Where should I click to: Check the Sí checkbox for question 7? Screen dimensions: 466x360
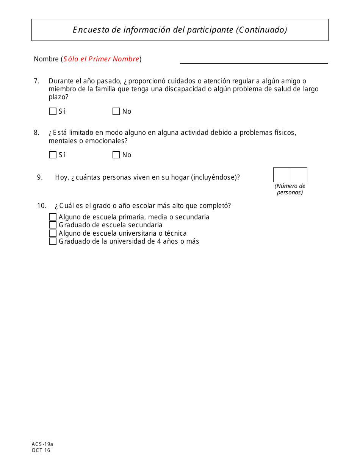[x=53, y=111]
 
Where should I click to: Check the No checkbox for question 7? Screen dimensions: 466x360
[x=116, y=111]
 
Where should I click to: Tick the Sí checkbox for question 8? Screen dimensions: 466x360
[x=53, y=155]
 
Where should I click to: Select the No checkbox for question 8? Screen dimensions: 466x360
[x=116, y=155]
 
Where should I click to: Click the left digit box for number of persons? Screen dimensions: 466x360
[x=282, y=175]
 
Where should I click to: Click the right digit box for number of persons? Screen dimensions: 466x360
[x=299, y=175]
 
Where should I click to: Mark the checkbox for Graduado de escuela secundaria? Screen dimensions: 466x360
[x=53, y=225]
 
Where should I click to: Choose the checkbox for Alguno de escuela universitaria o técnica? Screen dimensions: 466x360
[x=53, y=233]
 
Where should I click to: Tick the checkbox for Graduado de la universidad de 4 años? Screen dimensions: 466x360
[x=53, y=241]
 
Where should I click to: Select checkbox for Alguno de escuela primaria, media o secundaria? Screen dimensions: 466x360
[x=53, y=217]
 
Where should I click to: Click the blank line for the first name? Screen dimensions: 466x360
[x=254, y=60]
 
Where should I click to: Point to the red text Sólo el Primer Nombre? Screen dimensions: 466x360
[x=101, y=59]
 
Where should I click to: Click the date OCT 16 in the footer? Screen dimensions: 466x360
[x=41, y=450]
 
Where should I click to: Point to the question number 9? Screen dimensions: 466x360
[x=40, y=177]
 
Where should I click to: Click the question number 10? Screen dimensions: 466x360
[x=41, y=206]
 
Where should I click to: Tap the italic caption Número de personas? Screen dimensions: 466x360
[x=290, y=189]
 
